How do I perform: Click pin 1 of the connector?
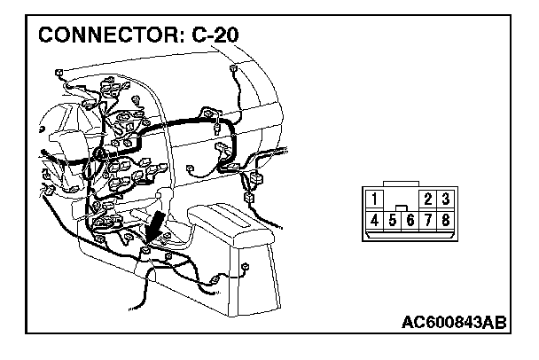[377, 200]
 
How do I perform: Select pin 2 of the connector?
[430, 200]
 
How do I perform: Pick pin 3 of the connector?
[446, 200]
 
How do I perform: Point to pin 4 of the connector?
[377, 218]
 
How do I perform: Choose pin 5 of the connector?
[394, 219]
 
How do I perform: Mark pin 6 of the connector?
[411, 219]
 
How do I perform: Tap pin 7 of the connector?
[429, 219]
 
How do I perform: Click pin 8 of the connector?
[446, 219]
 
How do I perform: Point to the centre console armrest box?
[232, 232]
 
